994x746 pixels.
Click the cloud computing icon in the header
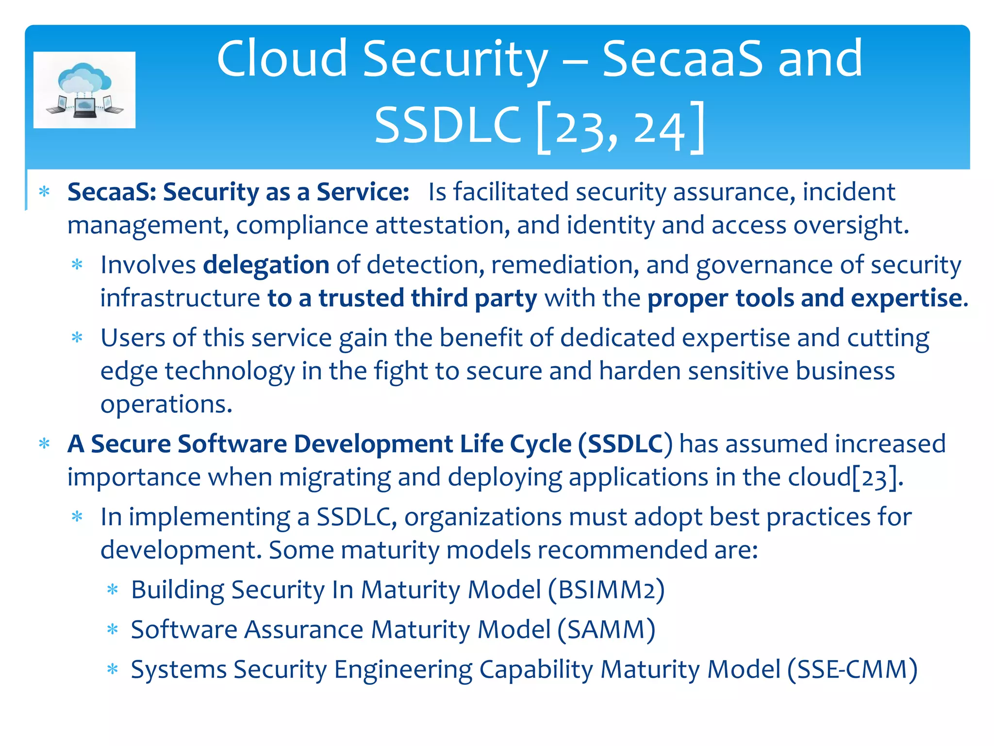click(x=84, y=90)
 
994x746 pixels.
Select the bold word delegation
click(x=266, y=265)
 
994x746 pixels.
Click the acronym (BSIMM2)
click(x=606, y=590)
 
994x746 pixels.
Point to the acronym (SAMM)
click(x=606, y=630)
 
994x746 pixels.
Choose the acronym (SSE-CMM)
click(x=852, y=670)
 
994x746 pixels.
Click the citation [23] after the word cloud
click(x=874, y=477)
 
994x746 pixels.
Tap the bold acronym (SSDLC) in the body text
click(x=625, y=444)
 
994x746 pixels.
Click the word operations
click(x=166, y=404)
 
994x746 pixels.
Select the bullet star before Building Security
click(x=113, y=590)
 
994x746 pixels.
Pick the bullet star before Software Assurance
click(x=113, y=630)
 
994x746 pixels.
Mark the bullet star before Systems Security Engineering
click(x=113, y=670)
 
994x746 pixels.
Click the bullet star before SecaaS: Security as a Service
click(x=45, y=192)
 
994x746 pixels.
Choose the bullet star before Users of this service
click(x=77, y=338)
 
